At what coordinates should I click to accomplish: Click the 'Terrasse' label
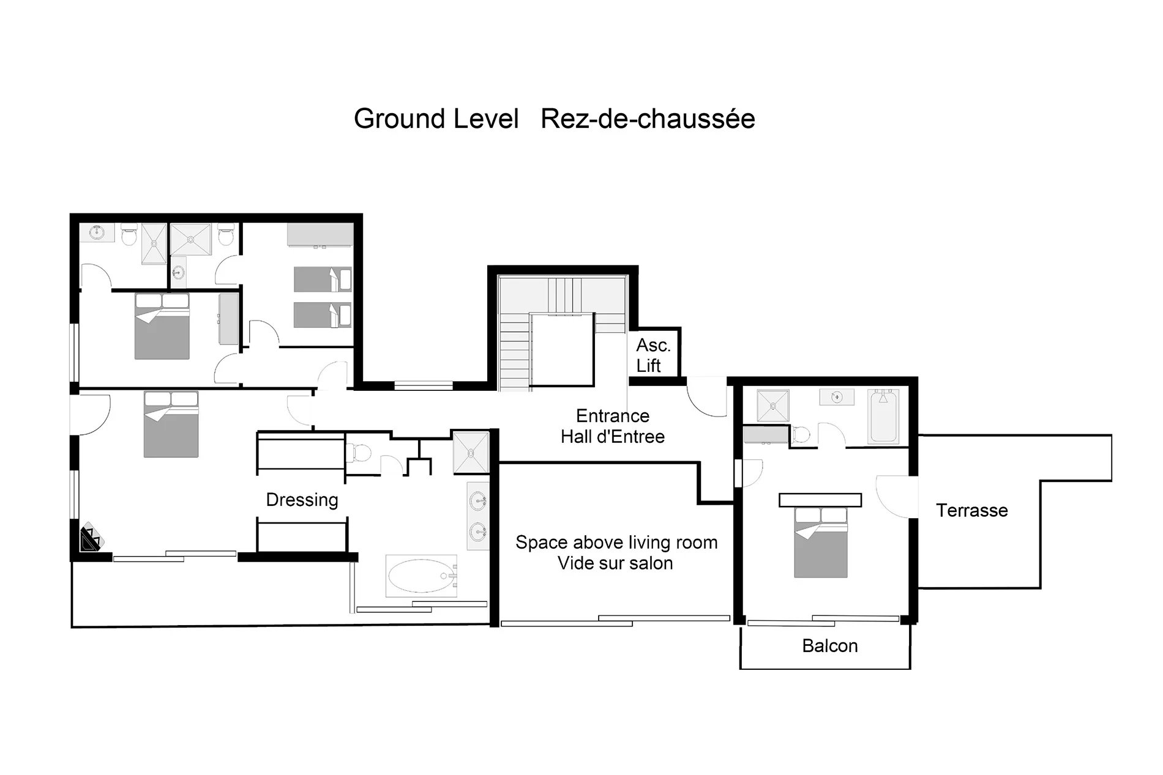pos(971,510)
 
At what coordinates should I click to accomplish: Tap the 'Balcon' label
pos(829,646)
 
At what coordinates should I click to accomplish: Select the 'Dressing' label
pos(302,500)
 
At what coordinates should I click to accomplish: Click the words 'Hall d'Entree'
pos(613,437)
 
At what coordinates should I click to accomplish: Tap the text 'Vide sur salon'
pos(615,563)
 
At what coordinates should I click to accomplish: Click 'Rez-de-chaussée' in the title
pos(648,119)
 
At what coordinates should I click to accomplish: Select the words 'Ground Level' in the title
pos(436,119)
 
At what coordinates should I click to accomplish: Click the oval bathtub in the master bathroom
pos(422,576)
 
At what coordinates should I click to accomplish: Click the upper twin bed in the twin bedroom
pos(323,279)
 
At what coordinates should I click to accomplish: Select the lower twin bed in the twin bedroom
pos(323,315)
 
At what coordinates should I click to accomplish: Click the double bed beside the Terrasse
pos(821,543)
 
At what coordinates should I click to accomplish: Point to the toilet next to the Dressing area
pos(359,453)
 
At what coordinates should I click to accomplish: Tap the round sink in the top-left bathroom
pos(97,232)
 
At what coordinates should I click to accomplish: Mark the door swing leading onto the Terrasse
pos(897,497)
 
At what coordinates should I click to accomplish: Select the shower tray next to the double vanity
pos(471,453)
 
